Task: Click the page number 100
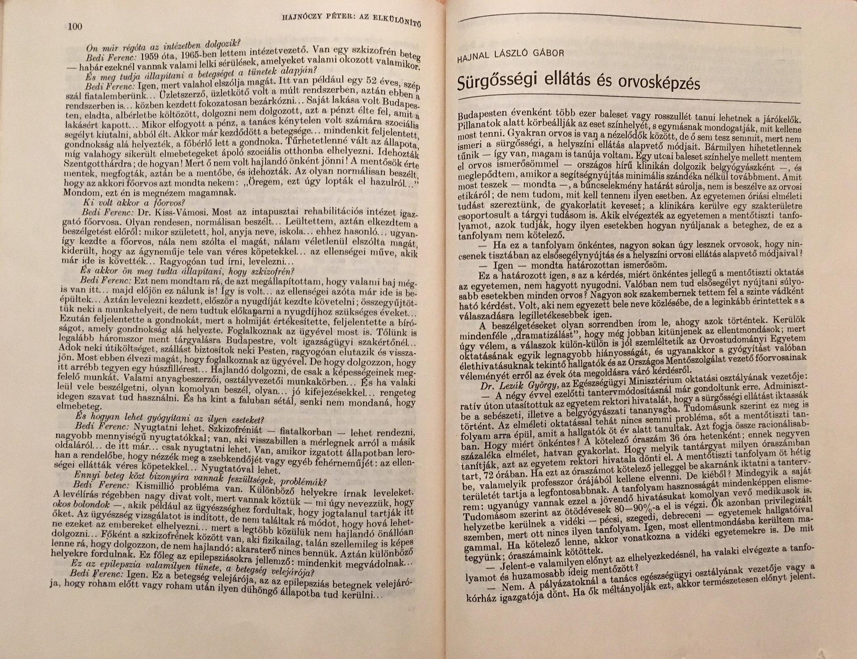[76, 27]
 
